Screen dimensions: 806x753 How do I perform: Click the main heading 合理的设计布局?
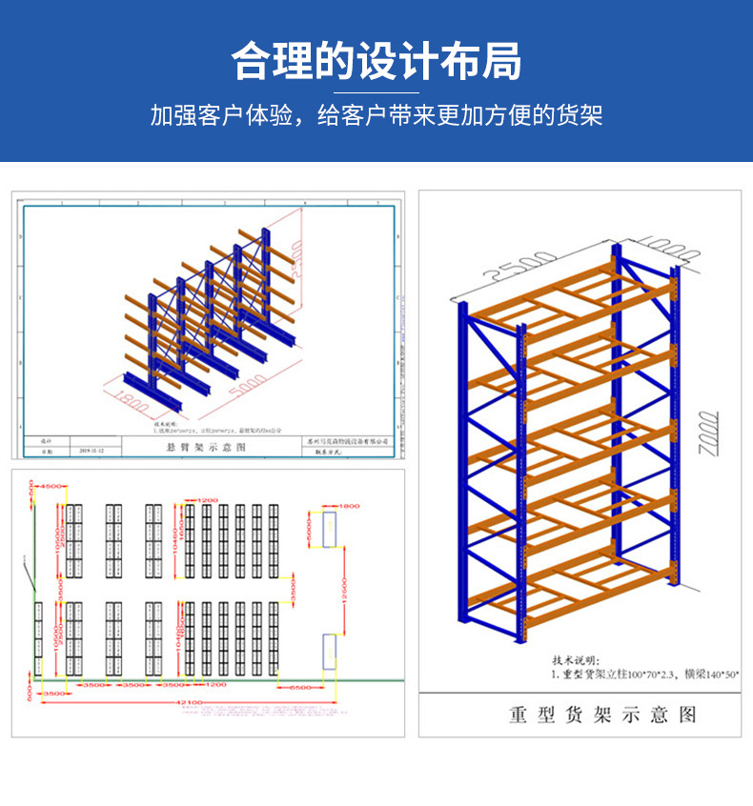pyautogui.click(x=376, y=61)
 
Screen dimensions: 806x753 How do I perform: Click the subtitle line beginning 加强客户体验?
pyautogui.click(x=376, y=116)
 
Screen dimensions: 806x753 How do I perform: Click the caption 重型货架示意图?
pyautogui.click(x=602, y=715)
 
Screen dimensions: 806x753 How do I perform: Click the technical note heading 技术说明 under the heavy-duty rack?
pyautogui.click(x=578, y=659)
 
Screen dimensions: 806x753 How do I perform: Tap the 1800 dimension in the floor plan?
pyautogui.click(x=349, y=506)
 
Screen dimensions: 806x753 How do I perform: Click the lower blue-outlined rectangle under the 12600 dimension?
pyautogui.click(x=329, y=652)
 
